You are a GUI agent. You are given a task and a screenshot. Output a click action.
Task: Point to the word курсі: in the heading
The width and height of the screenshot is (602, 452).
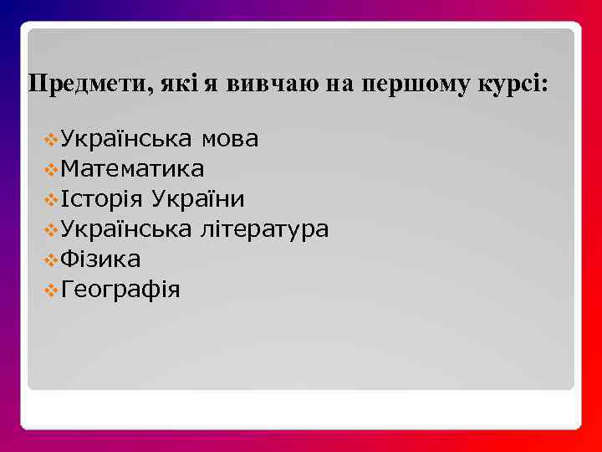click(x=513, y=85)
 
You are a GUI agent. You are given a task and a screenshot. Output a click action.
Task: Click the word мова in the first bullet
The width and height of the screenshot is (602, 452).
click(x=229, y=138)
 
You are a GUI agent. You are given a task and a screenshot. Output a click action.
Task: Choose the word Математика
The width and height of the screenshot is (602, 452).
click(x=132, y=168)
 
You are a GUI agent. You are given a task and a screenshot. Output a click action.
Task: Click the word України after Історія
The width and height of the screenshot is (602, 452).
click(x=197, y=198)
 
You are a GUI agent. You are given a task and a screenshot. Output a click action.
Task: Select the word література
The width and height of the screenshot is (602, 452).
click(x=264, y=229)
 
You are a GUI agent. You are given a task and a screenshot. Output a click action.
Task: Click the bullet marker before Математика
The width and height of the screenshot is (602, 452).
click(x=52, y=169)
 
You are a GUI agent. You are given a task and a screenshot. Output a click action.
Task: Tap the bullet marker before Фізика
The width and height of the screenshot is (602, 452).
click(x=52, y=259)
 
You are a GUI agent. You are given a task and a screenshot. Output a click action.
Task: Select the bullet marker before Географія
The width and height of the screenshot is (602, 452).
click(x=52, y=290)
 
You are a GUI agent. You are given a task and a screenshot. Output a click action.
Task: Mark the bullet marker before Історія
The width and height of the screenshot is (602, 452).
click(x=52, y=199)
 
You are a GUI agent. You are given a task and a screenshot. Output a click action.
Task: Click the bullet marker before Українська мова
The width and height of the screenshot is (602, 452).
click(x=52, y=139)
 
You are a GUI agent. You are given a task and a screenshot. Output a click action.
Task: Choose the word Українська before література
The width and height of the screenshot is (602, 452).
click(x=127, y=229)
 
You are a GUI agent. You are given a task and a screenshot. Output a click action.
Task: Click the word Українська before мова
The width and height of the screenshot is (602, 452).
click(x=127, y=138)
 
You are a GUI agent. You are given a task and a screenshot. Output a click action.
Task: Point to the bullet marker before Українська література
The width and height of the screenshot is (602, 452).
click(x=52, y=229)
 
